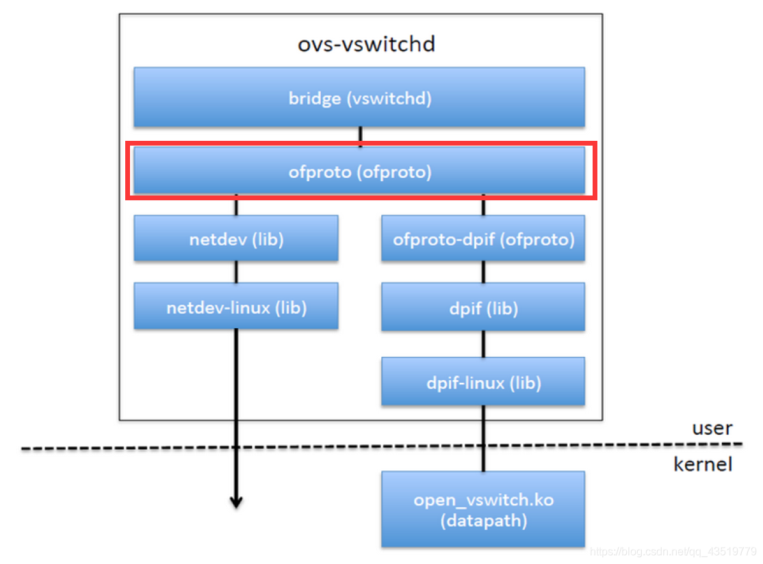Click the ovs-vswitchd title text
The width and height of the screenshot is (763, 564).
[x=366, y=44]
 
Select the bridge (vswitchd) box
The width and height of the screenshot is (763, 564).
[x=359, y=97]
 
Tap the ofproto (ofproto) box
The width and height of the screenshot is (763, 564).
[x=359, y=172]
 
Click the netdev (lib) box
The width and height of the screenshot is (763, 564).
[x=236, y=239]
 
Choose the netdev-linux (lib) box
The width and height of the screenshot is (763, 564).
[x=236, y=307]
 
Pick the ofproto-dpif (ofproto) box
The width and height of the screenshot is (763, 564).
[x=483, y=239]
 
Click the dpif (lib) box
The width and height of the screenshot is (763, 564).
[x=483, y=308]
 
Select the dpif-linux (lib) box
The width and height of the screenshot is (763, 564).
[x=483, y=382]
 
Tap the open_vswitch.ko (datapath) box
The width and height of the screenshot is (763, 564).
[x=483, y=509]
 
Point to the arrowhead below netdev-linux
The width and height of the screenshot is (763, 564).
[x=236, y=502]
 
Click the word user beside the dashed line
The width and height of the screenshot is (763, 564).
[x=712, y=429]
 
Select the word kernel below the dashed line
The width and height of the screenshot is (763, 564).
[x=703, y=465]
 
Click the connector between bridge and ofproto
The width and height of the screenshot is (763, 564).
[x=360, y=137]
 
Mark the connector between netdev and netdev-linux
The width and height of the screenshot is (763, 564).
[x=236, y=272]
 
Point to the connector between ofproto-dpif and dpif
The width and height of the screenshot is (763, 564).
[x=483, y=272]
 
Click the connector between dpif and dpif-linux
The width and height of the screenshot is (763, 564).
[x=483, y=345]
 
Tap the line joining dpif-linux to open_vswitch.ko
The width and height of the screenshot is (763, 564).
[x=483, y=438]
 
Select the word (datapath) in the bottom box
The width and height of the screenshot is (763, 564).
[x=483, y=522]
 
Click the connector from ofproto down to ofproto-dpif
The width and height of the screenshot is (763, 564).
[x=483, y=205]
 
